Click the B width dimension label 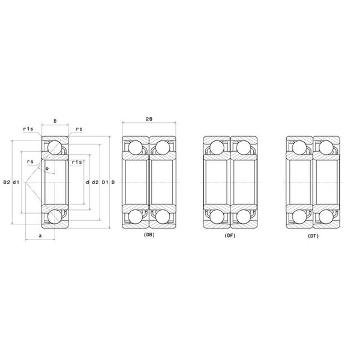(x=55, y=121)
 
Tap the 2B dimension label (x=149, y=119)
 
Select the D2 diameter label (x=7, y=182)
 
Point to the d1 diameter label (x=16, y=182)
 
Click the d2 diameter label (x=95, y=182)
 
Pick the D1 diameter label (x=105, y=182)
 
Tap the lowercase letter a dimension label (x=40, y=236)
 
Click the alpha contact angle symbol (x=47, y=169)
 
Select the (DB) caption (x=149, y=235)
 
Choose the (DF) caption (x=230, y=236)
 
